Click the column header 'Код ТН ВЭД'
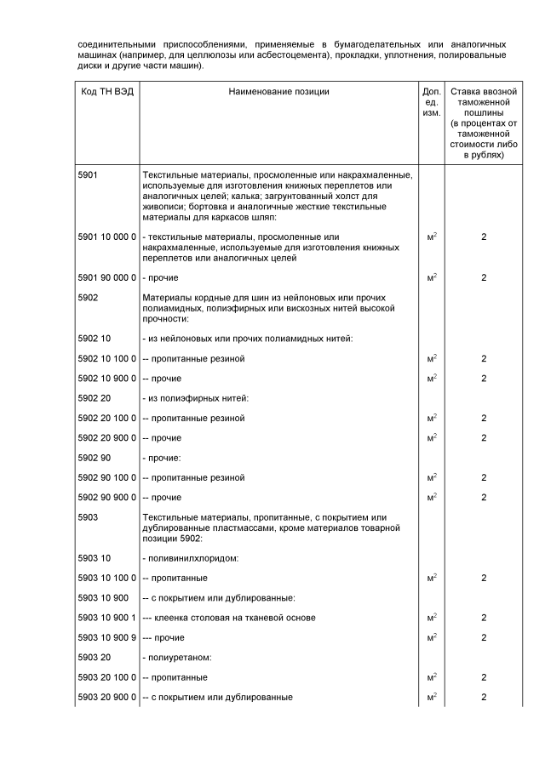[106, 92]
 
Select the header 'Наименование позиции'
[278, 92]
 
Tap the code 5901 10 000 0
[106, 236]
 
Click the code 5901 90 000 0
[106, 277]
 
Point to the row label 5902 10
[95, 339]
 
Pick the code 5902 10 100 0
[106, 359]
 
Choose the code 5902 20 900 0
[106, 437]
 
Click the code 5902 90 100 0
[106, 477]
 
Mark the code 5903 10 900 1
[106, 617]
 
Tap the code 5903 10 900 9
[106, 637]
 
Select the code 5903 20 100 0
[106, 677]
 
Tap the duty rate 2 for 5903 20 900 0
[484, 698]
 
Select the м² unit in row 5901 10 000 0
[431, 236]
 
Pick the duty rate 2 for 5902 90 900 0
[484, 497]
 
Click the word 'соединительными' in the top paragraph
[119, 43]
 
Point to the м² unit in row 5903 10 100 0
[431, 578]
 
